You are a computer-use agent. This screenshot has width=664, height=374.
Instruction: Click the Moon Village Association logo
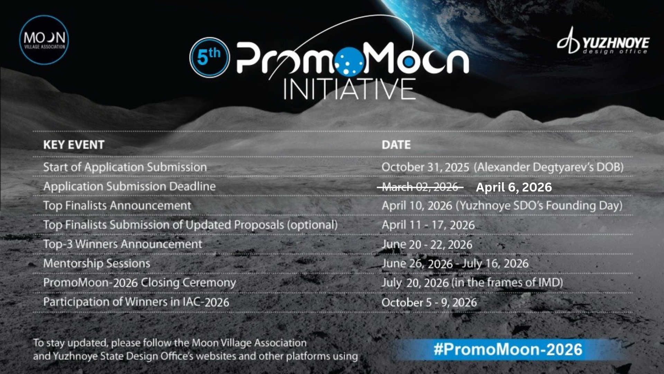coord(44,40)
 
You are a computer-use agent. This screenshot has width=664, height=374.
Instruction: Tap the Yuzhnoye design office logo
coord(603,41)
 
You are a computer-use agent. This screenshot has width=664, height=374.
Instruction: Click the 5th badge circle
coord(210,57)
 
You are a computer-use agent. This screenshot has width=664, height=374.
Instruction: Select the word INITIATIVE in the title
coord(349,89)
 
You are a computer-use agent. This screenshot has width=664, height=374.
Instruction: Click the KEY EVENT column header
coord(74,145)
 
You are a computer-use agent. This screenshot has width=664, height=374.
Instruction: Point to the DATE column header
coord(396,145)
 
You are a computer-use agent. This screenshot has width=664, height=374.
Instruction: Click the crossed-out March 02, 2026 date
coord(420,187)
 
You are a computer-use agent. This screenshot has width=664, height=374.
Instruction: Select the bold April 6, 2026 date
coord(514,187)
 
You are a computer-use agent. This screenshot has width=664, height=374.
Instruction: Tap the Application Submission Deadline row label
coord(129,186)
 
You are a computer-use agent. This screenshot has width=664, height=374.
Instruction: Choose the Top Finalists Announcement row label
coord(117,205)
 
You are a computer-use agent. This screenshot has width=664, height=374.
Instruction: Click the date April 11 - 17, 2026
coord(428,225)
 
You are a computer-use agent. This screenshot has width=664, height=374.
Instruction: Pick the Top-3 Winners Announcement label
coord(122,244)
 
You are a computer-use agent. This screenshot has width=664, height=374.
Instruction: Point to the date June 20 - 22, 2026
coord(427,244)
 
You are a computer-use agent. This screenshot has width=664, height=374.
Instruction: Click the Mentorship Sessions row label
coord(97,264)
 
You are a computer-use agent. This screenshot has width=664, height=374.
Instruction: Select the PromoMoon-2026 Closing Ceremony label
coord(139,283)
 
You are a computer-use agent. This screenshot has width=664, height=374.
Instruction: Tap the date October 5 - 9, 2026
coord(429,302)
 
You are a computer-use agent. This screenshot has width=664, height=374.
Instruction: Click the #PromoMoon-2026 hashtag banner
coord(508,349)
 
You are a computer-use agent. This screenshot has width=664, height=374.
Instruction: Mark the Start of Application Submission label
coord(125,167)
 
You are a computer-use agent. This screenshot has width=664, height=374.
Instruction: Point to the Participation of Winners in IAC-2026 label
coord(136,302)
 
